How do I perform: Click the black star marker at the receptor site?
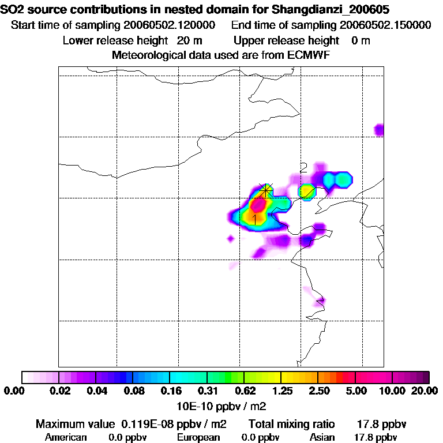pyautogui.click(x=266, y=190)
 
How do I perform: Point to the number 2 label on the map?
pyautogui.click(x=303, y=168)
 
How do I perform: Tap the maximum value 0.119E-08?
pyautogui.click(x=148, y=425)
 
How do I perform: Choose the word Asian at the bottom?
pyautogui.click(x=322, y=437)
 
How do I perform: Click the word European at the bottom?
pyautogui.click(x=198, y=437)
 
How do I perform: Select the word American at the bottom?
pyautogui.click(x=66, y=437)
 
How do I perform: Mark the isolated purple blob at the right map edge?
pyautogui.click(x=379, y=130)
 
